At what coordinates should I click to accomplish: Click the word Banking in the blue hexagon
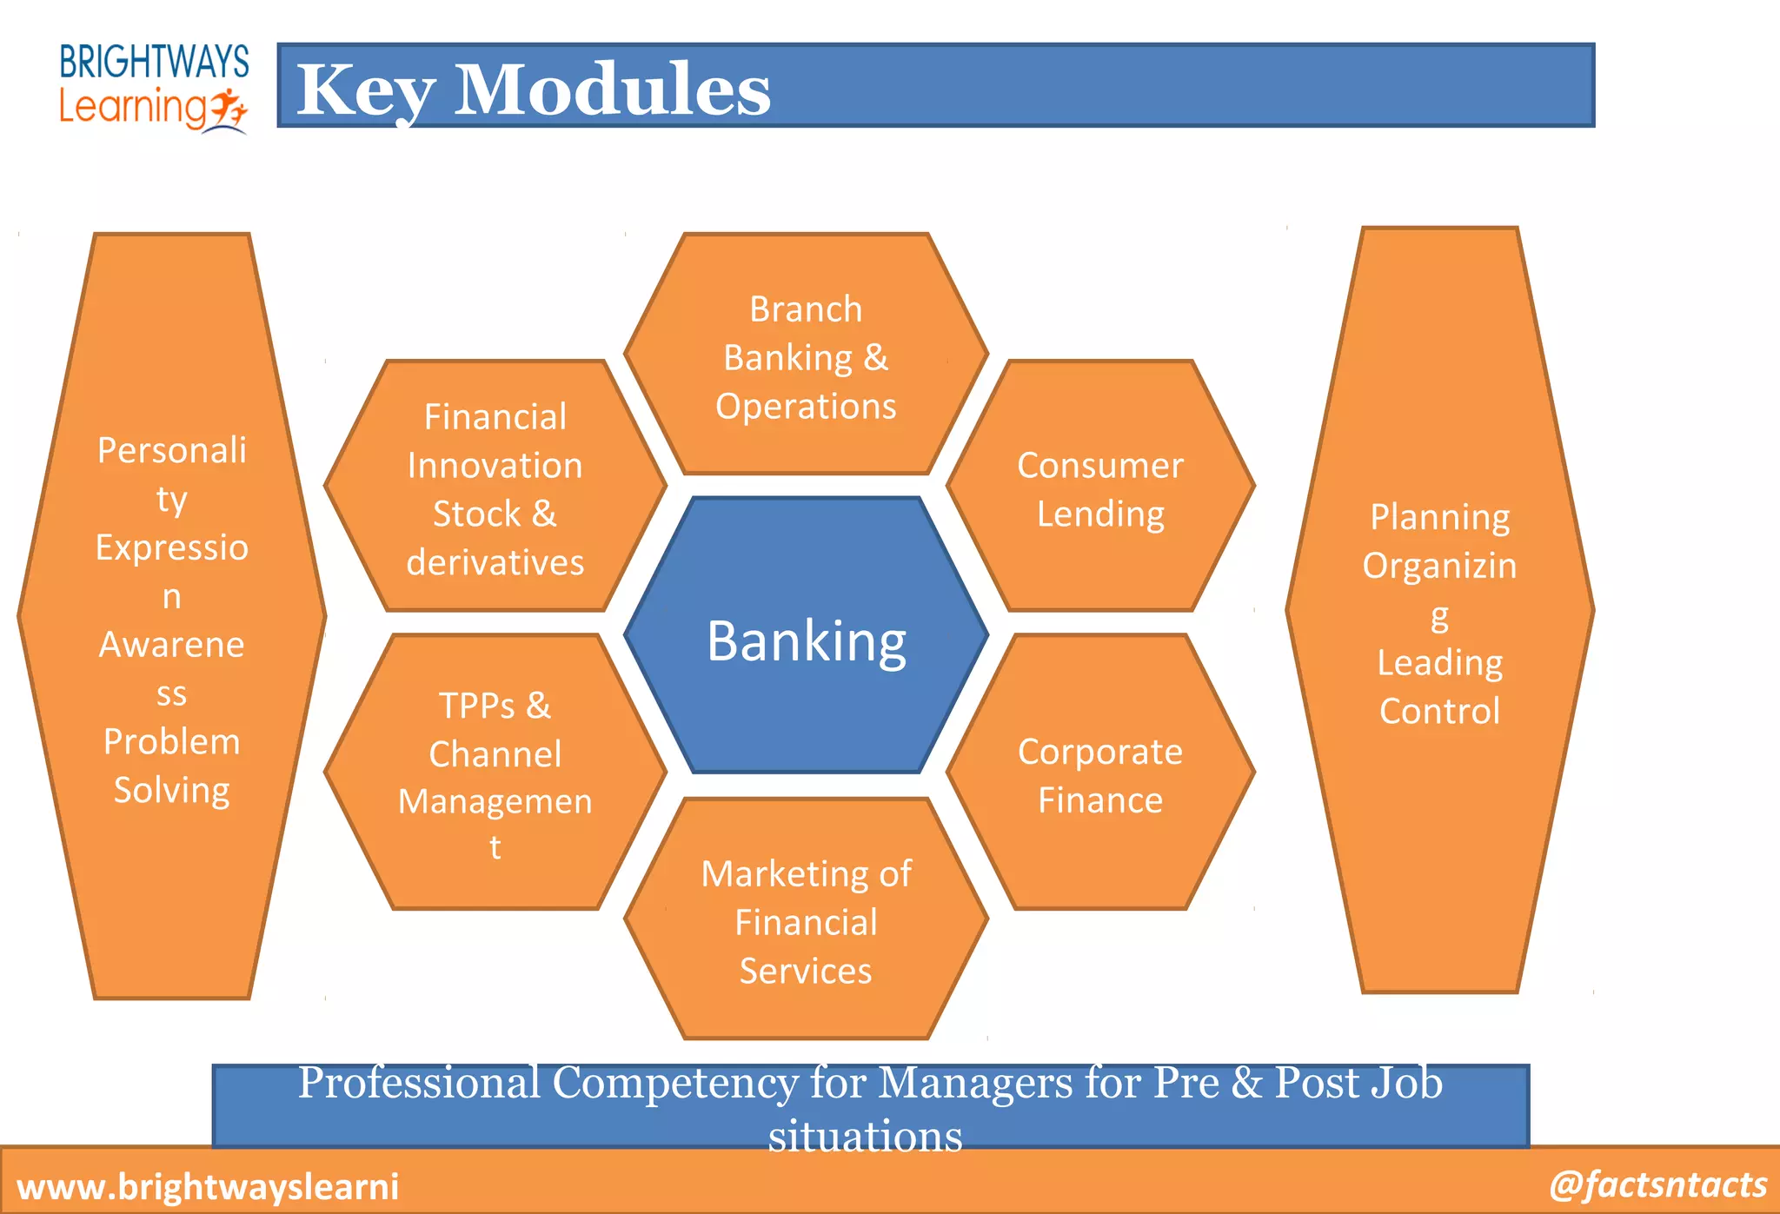pyautogui.click(x=807, y=641)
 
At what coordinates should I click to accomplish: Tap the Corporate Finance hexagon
pyautogui.click(x=1100, y=774)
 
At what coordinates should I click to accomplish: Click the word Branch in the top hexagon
pyautogui.click(x=806, y=309)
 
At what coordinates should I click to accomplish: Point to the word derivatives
pyautogui.click(x=495, y=562)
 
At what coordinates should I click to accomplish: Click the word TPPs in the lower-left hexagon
pyautogui.click(x=476, y=705)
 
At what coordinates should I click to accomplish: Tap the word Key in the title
pyautogui.click(x=365, y=90)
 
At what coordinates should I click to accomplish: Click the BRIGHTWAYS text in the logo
pyautogui.click(x=154, y=62)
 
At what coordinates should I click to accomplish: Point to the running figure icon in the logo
pyautogui.click(x=229, y=109)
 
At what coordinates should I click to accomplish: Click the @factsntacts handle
pyautogui.click(x=1657, y=1184)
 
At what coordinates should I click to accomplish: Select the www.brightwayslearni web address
pyautogui.click(x=208, y=1186)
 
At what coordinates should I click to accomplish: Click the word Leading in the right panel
pyautogui.click(x=1439, y=662)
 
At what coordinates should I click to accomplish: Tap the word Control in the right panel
pyautogui.click(x=1439, y=711)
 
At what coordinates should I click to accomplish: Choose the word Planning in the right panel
pyautogui.click(x=1439, y=517)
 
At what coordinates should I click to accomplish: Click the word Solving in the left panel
pyautogui.click(x=172, y=790)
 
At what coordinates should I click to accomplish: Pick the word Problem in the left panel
pyautogui.click(x=172, y=741)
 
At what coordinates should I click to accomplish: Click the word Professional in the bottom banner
pyautogui.click(x=419, y=1083)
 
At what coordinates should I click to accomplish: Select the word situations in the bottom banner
pyautogui.click(x=865, y=1136)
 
